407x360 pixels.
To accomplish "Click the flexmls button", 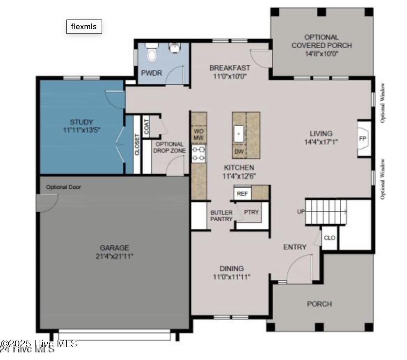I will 84,27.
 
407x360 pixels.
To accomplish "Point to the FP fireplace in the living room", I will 362,138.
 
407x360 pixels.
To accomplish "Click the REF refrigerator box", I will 242,194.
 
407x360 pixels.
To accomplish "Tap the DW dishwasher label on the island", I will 239,152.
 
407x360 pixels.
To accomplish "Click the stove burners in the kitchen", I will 199,154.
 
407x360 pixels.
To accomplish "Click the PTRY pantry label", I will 251,212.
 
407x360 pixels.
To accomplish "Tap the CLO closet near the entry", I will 329,238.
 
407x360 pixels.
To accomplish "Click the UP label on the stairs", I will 301,212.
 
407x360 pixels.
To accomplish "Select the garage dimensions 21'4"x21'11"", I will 114,256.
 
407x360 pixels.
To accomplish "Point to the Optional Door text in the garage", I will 64,187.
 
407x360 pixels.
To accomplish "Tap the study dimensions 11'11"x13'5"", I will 81,130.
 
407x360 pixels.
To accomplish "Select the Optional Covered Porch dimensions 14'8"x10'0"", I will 322,54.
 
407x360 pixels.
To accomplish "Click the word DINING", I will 231,269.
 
